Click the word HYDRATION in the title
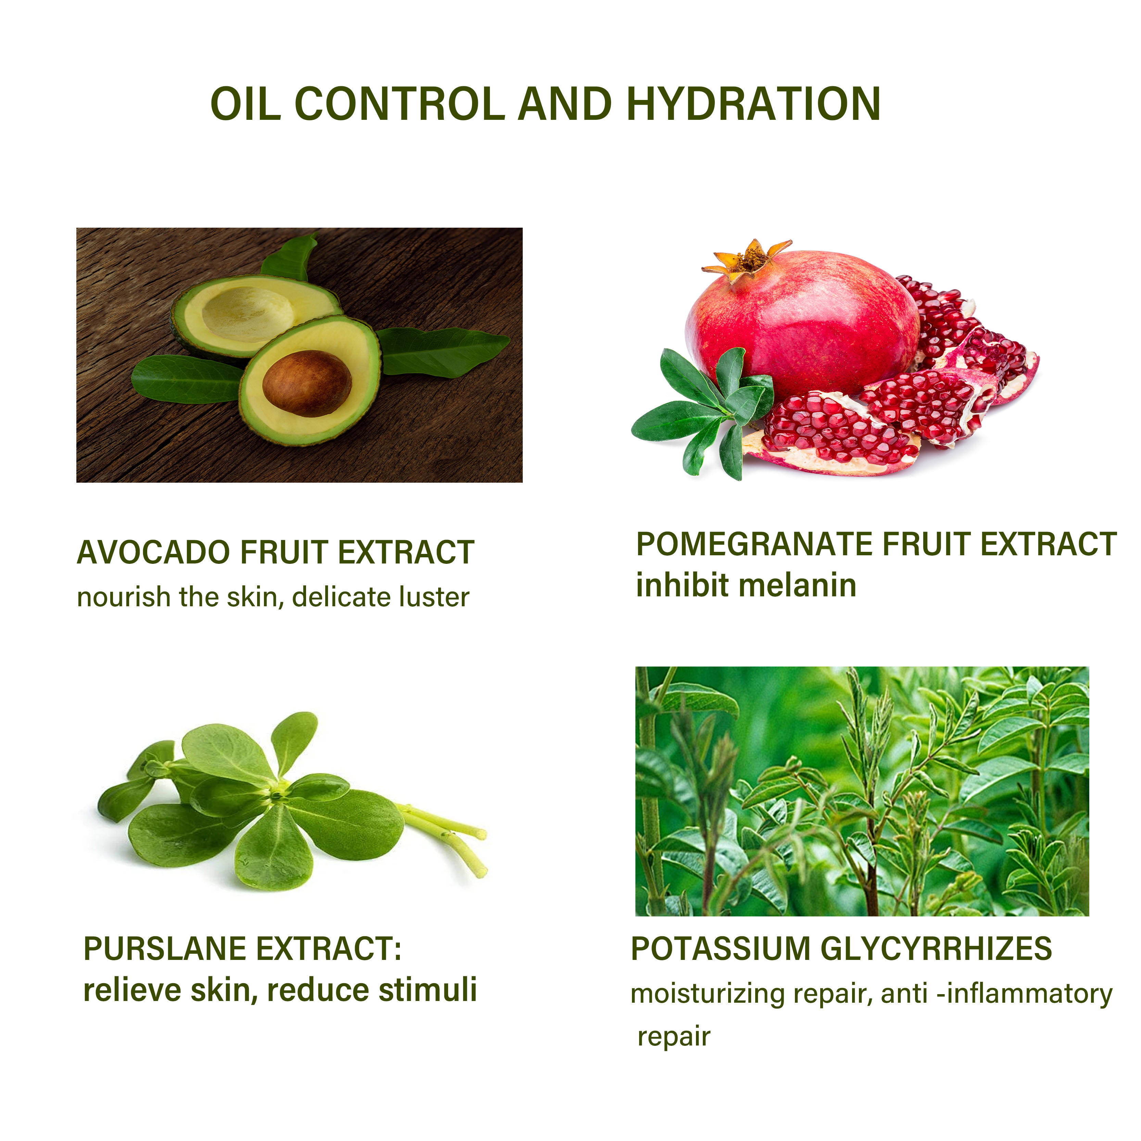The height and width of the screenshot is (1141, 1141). (753, 104)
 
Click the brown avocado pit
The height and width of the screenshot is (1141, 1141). (307, 383)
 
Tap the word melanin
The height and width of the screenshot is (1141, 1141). (797, 585)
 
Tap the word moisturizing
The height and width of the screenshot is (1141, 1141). (708, 994)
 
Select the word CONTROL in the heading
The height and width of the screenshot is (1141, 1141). (399, 104)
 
